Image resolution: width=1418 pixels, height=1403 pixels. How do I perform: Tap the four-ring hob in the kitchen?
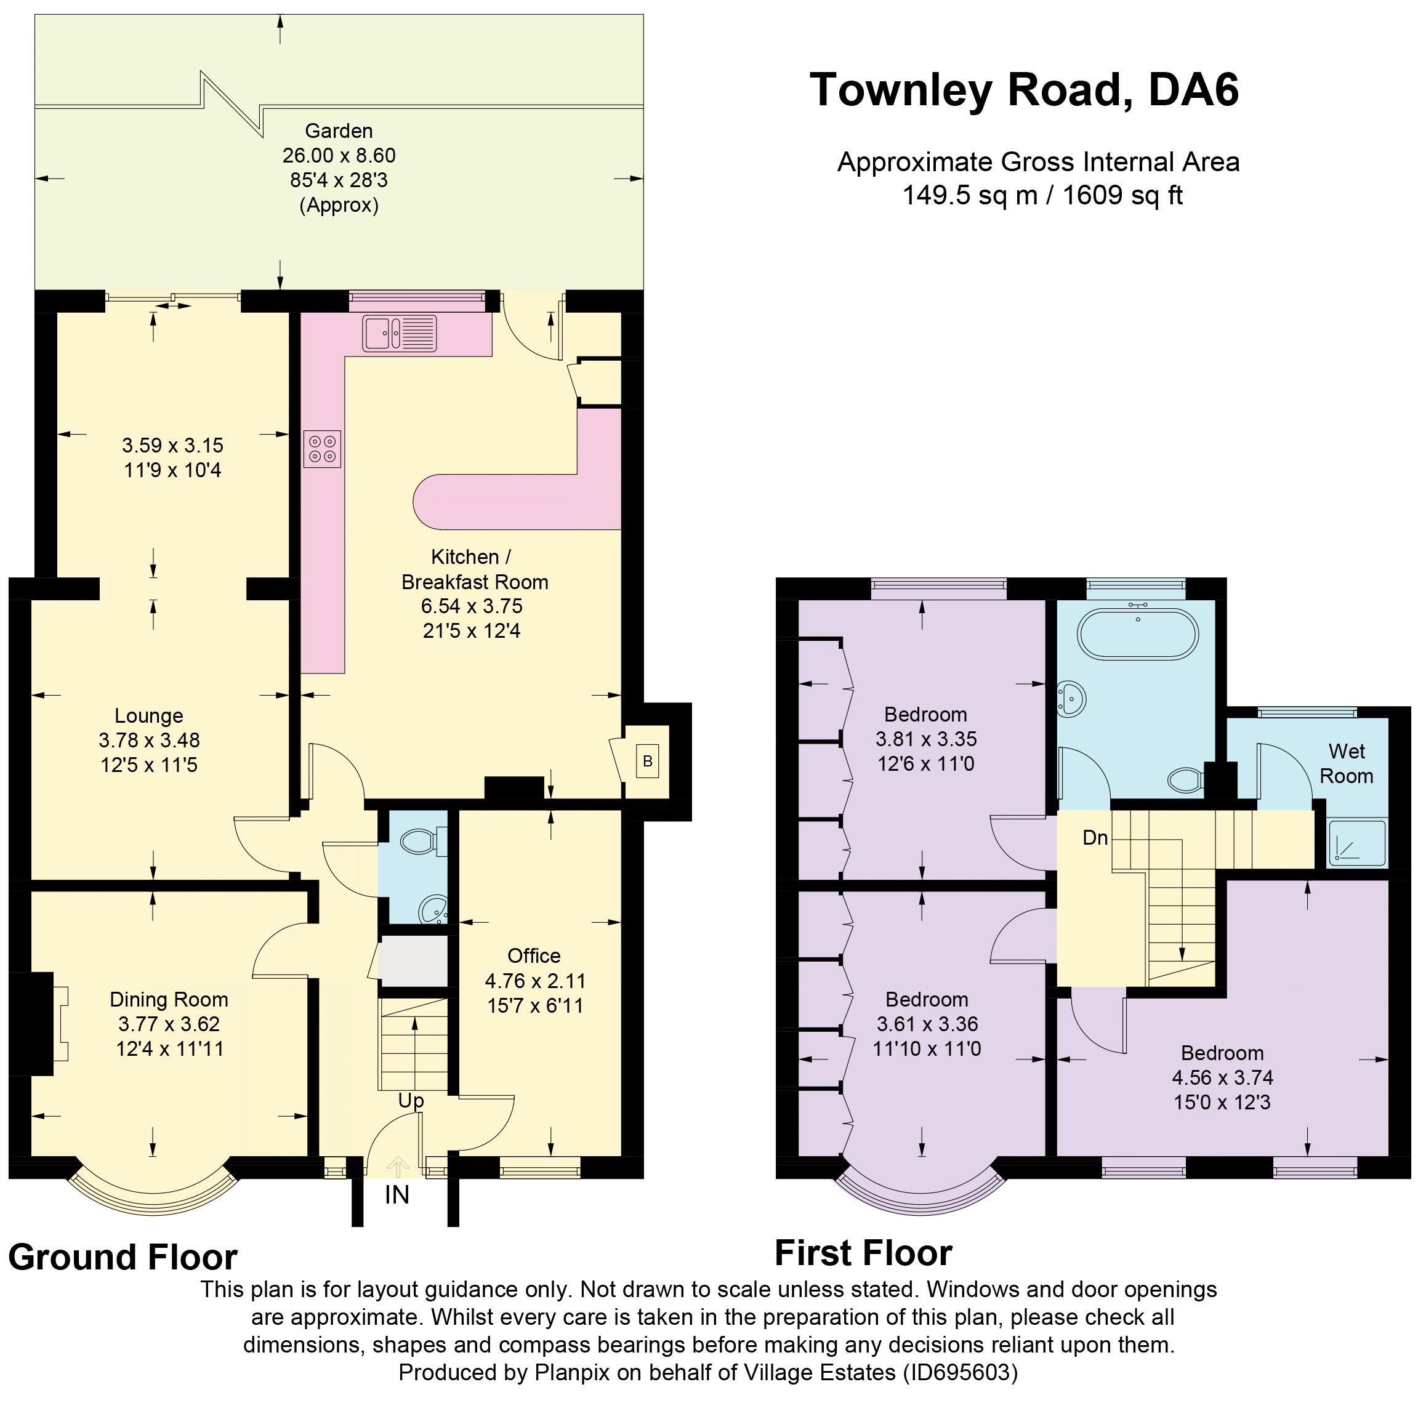coord(323,448)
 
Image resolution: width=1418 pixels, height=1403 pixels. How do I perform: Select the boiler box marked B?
coord(647,761)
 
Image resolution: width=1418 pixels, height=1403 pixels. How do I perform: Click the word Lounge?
coord(149,715)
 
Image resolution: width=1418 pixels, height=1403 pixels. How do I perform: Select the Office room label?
coord(534,955)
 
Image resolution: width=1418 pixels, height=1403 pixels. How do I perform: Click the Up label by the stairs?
coord(411,1101)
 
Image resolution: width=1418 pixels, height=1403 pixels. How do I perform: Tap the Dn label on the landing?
coord(1095,837)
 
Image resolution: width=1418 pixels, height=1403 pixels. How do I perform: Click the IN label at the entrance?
coord(397,1196)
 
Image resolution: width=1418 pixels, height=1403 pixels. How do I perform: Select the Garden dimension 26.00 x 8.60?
coord(339,156)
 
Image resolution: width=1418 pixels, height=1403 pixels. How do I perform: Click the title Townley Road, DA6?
coord(1025,89)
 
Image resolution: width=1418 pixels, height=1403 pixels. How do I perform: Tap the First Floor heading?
coord(864,1253)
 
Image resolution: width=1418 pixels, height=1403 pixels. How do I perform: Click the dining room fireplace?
coord(41,1024)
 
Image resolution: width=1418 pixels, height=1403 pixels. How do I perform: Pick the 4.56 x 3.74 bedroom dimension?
coord(1222,1077)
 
